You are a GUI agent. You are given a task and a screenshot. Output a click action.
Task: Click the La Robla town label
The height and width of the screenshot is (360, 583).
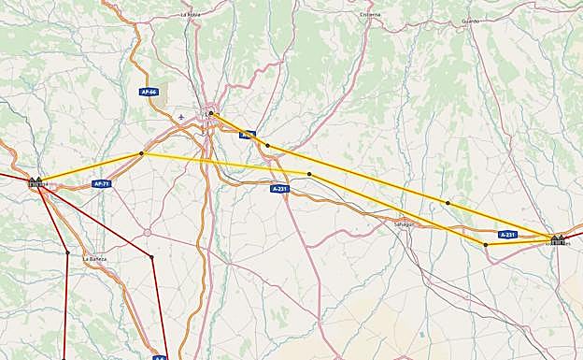(x=190, y=15)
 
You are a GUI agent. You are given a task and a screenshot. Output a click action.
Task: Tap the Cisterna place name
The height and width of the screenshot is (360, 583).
(x=370, y=15)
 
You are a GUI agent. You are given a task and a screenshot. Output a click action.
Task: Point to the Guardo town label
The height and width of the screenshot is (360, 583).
(x=470, y=20)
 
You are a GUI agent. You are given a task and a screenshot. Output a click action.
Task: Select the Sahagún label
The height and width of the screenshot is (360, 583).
(x=404, y=224)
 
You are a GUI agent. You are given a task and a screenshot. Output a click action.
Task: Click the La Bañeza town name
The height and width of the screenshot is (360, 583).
(x=94, y=258)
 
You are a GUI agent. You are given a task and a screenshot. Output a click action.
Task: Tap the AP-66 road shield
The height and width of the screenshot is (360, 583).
(x=149, y=92)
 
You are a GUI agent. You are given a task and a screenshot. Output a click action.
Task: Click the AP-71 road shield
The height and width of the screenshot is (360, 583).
(x=102, y=184)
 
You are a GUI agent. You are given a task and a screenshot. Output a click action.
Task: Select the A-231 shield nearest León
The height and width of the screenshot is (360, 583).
(x=279, y=189)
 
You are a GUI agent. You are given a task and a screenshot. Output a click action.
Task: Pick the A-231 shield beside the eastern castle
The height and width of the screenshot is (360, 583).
(x=507, y=235)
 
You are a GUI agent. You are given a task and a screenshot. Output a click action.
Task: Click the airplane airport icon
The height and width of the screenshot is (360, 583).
(x=180, y=117)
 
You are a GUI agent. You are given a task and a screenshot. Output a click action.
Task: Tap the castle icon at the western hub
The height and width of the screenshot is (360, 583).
(x=36, y=181)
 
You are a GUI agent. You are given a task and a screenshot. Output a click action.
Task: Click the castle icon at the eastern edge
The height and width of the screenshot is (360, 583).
(x=558, y=239)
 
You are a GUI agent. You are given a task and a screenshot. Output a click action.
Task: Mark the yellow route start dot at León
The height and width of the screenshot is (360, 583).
(x=211, y=114)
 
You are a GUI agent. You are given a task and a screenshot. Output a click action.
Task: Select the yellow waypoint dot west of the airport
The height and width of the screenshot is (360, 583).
(x=142, y=153)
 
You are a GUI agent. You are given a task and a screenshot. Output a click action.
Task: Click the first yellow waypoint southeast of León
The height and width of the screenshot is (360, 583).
(x=267, y=146)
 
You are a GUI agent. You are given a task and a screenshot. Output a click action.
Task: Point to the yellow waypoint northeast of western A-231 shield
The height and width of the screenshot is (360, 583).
(x=309, y=175)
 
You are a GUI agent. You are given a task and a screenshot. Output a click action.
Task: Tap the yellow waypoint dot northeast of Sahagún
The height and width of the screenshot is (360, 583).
(x=448, y=203)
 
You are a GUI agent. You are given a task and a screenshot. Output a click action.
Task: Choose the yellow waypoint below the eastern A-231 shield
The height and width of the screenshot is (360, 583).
(x=486, y=245)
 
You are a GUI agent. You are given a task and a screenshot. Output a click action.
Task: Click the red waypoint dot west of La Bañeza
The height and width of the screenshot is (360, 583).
(x=67, y=252)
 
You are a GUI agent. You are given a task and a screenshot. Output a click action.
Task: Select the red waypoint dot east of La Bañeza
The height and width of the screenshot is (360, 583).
(x=151, y=257)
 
